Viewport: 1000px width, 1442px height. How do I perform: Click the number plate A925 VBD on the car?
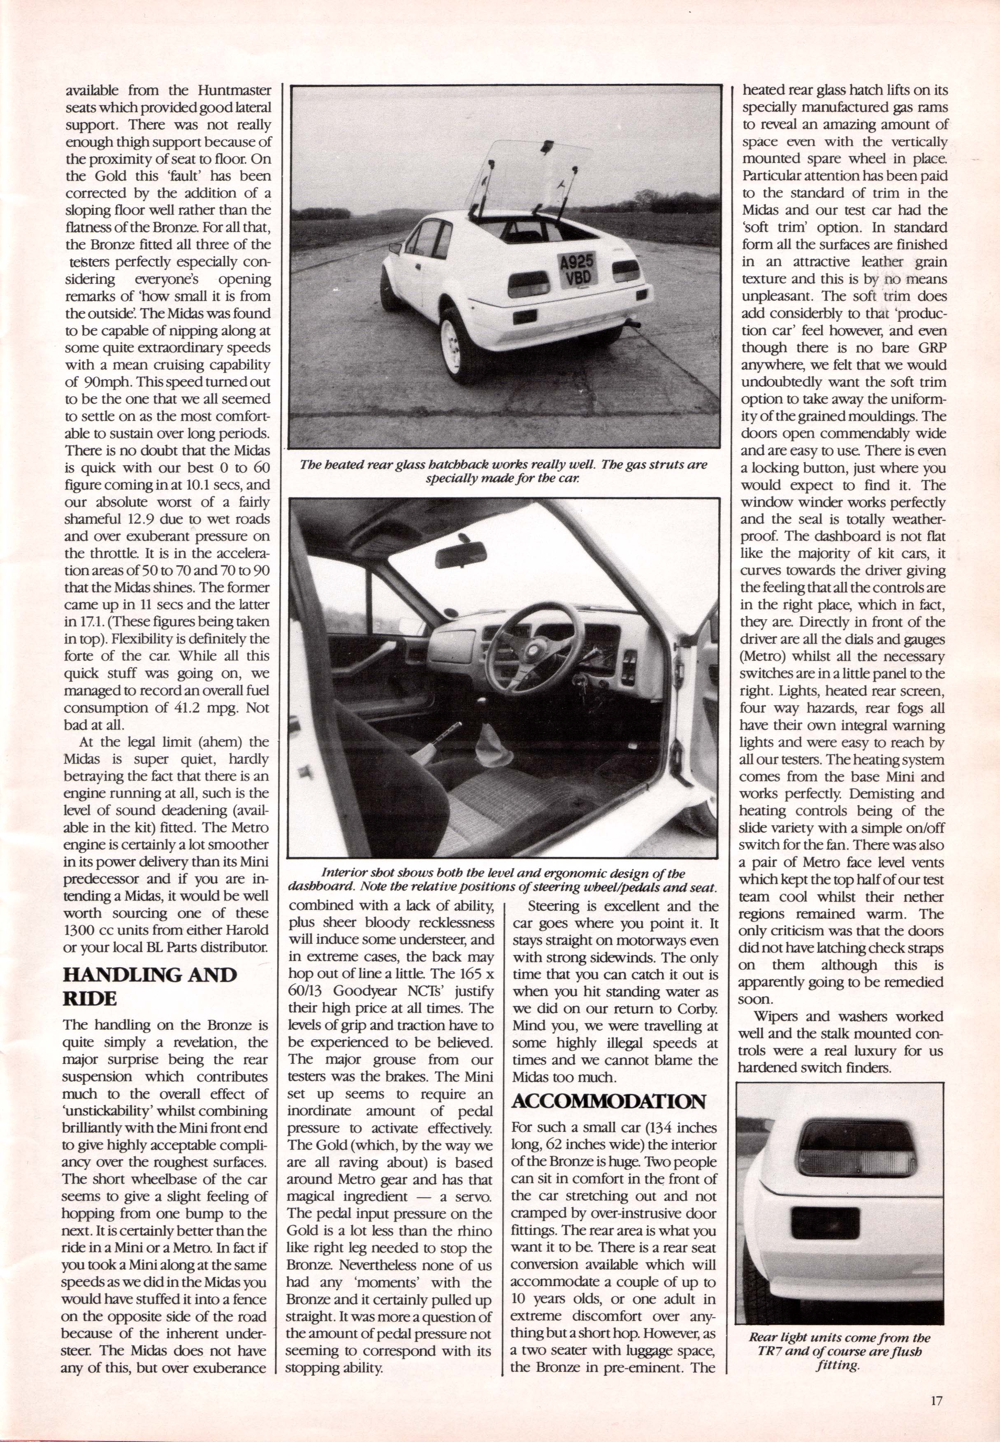click(576, 270)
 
